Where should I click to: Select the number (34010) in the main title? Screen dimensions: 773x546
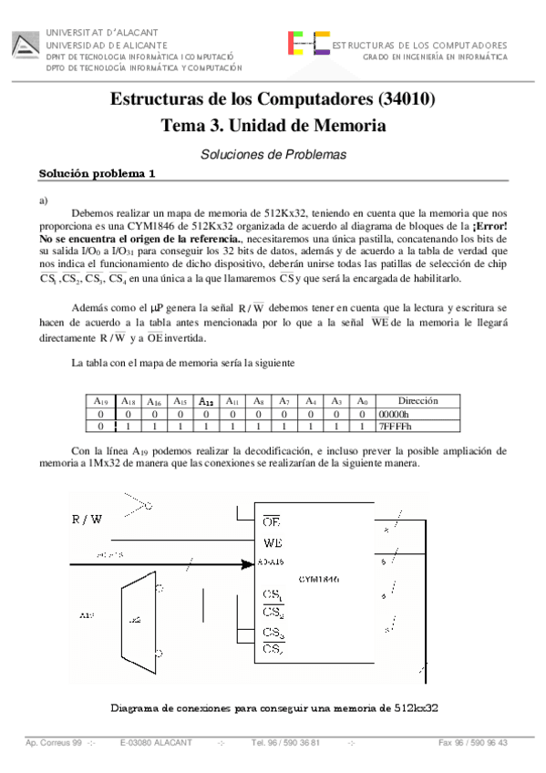tap(403, 98)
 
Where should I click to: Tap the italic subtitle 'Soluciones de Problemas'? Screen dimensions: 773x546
tap(273, 155)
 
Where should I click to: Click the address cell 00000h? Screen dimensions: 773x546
tap(395, 413)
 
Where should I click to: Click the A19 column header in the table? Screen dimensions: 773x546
tap(102, 400)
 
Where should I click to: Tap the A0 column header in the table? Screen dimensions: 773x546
tap(363, 400)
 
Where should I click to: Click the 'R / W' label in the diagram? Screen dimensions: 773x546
tap(88, 520)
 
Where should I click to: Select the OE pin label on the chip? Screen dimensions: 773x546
tap(271, 522)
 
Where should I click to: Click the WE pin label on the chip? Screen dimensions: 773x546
tap(272, 544)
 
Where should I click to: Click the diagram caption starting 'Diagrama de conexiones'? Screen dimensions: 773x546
tap(275, 707)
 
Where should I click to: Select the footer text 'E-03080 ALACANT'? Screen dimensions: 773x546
tap(156, 743)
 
